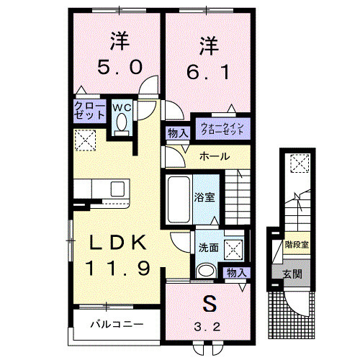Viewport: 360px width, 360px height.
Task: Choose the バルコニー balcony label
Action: (116, 324)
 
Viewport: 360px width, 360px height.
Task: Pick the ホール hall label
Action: (214, 156)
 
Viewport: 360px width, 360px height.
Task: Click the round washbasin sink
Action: (207, 271)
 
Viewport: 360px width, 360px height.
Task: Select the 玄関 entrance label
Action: (293, 274)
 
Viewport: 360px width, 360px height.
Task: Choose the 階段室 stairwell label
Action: (296, 245)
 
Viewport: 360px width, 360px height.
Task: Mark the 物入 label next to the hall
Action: (177, 133)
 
